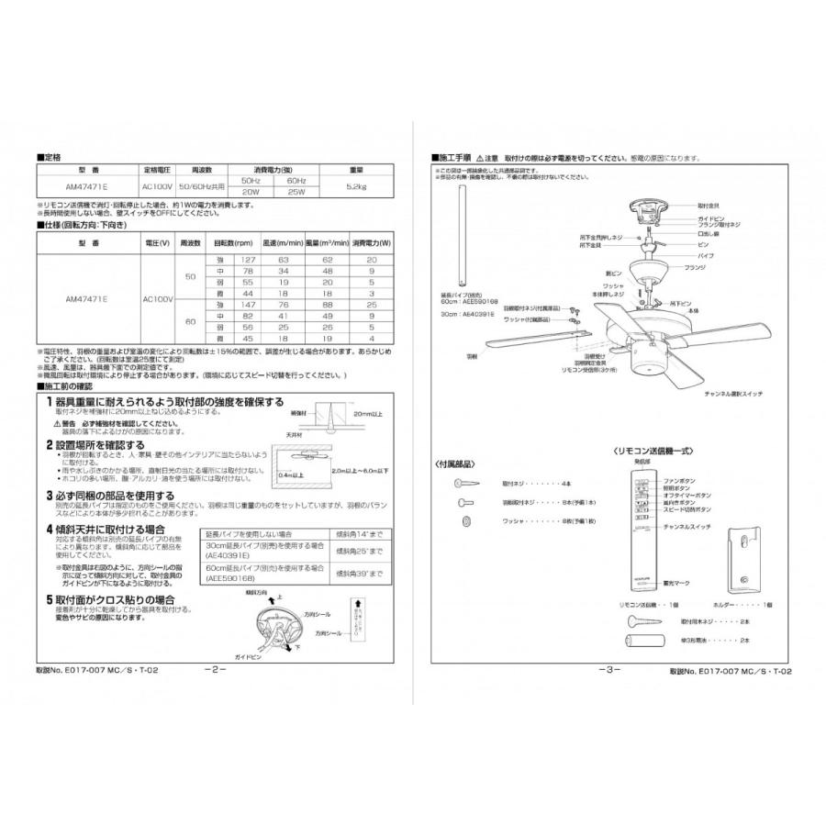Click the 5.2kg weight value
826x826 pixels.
[356, 186]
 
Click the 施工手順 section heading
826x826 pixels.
[458, 158]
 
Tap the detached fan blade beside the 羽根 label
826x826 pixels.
[523, 338]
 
